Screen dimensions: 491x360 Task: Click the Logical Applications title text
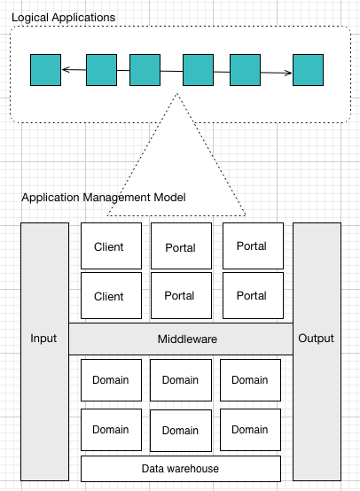63,17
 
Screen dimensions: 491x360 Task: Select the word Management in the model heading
121,197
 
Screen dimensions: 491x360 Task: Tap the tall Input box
44,339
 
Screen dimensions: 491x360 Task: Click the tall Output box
317,339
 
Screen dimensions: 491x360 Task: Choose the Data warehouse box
181,468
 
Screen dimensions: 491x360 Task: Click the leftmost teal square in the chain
45,70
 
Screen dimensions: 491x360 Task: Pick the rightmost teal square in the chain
308,70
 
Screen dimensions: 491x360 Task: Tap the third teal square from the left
145,70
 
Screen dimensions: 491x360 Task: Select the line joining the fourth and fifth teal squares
222,71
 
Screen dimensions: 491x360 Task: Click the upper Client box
109,246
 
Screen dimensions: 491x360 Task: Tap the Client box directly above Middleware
109,296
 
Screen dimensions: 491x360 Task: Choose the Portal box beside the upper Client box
180,247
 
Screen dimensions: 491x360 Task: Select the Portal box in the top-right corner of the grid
252,245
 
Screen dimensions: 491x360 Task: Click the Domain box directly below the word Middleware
180,380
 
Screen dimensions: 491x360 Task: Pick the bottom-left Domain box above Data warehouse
110,430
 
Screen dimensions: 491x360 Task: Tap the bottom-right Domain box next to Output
250,430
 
